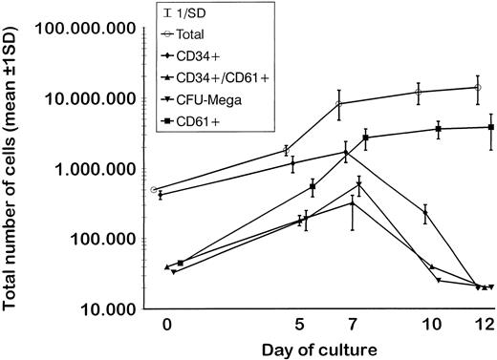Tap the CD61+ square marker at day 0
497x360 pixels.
coord(180,262)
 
